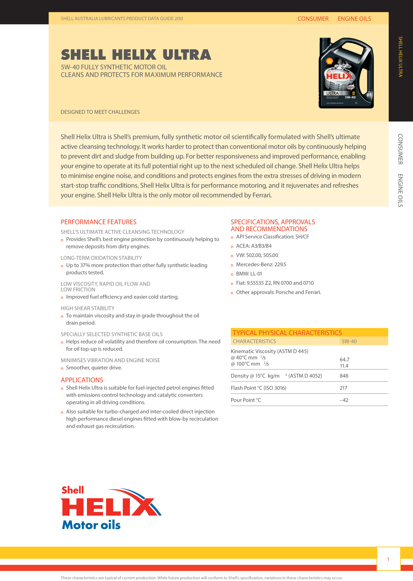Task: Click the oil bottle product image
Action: tap(346, 73)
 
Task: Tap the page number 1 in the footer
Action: tap(388, 559)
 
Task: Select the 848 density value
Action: tap(344, 376)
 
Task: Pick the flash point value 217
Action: tap(343, 388)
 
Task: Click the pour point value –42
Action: tap(344, 400)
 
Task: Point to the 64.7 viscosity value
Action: tap(344, 359)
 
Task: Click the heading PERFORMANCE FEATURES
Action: tap(98, 222)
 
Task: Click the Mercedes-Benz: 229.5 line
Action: tap(261, 265)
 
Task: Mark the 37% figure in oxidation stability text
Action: tap(85, 265)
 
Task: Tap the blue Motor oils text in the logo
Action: tap(91, 525)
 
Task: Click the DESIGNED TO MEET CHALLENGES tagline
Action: tap(100, 112)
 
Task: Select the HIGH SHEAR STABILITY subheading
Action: tap(87, 308)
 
